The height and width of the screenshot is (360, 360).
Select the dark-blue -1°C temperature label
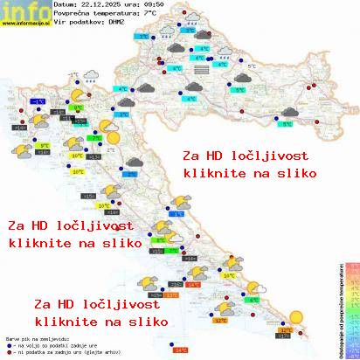39,102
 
